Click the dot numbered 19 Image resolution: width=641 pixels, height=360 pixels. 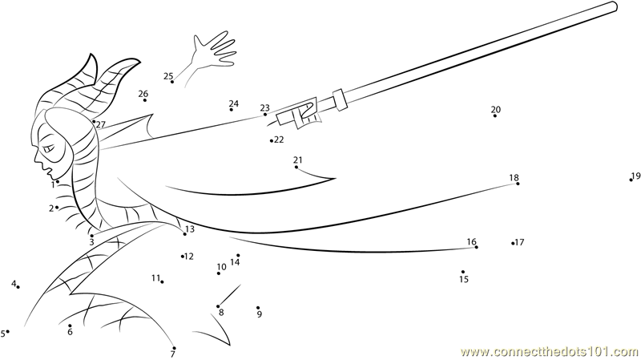click(x=631, y=180)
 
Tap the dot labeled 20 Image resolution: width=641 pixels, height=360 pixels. click(x=495, y=115)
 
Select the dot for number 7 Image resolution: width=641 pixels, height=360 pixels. click(x=174, y=348)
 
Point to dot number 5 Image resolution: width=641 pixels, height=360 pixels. click(x=8, y=331)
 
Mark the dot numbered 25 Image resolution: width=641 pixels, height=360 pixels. click(x=172, y=82)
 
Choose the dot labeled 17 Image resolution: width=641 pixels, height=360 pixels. click(x=513, y=244)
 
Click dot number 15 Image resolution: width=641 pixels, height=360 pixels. click(x=463, y=272)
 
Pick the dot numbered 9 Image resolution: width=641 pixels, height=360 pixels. click(x=258, y=308)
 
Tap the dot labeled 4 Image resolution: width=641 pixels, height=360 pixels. click(x=18, y=287)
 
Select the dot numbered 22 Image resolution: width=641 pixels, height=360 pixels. click(x=272, y=141)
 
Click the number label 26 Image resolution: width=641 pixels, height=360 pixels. click(x=143, y=94)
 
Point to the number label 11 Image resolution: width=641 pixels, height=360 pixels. click(x=155, y=278)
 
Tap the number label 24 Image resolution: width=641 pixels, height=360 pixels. click(x=234, y=103)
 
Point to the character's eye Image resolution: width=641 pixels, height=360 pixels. click(x=49, y=148)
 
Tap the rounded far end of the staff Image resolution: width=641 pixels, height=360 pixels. click(x=614, y=6)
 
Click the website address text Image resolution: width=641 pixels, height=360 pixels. click(x=550, y=351)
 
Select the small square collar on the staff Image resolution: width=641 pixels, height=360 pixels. click(x=340, y=99)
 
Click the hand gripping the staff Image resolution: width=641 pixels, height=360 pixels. click(x=308, y=113)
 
